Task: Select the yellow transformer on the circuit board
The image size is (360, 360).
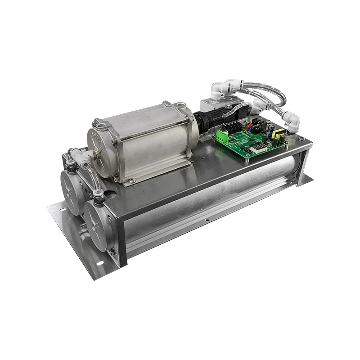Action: tap(279, 134)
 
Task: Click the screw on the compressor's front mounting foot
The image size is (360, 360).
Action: tap(131, 181)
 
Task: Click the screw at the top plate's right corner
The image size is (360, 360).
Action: tap(301, 139)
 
